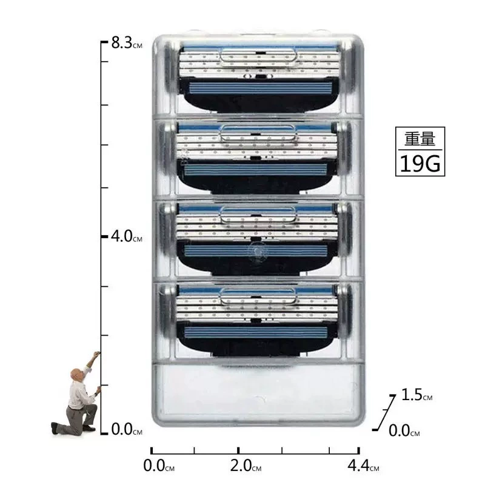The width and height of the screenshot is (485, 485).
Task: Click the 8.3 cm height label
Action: click(x=127, y=42)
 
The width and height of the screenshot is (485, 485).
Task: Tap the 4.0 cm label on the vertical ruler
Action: click(x=127, y=236)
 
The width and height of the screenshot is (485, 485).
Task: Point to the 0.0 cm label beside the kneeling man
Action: click(x=127, y=429)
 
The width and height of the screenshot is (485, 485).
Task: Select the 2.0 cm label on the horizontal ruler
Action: click(x=246, y=466)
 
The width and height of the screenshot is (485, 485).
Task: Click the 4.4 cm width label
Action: click(x=363, y=466)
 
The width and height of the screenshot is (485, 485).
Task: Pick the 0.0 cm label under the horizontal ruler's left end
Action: click(x=159, y=466)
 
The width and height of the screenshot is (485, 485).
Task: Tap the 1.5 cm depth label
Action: click(x=416, y=395)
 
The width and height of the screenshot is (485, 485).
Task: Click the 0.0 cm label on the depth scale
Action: click(x=404, y=430)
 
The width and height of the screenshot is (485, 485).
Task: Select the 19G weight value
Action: click(x=420, y=164)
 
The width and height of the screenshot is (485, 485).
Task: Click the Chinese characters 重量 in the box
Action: click(x=420, y=139)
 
